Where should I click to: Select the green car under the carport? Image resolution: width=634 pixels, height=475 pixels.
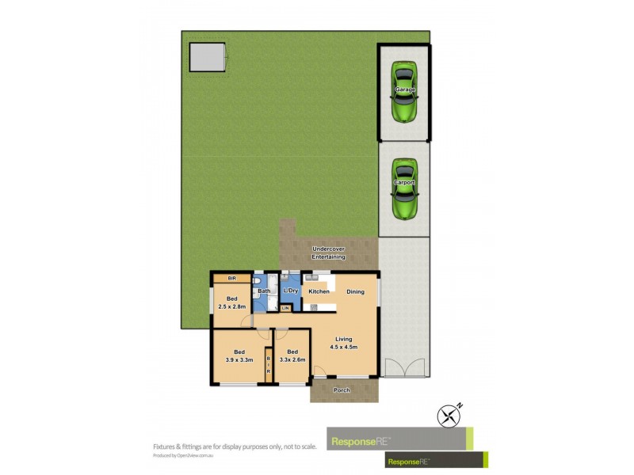(405, 188)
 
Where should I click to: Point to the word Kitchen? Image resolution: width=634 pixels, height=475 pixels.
(319, 291)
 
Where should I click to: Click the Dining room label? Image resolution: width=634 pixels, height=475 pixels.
(355, 291)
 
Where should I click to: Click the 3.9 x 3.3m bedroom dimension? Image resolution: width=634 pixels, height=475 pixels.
(239, 360)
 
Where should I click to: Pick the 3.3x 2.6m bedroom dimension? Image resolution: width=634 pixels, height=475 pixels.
(292, 360)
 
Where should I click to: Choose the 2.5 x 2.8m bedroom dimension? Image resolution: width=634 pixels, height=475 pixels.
(232, 306)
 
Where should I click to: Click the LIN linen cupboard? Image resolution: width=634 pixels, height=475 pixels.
(285, 307)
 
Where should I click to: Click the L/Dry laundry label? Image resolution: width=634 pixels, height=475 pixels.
(290, 291)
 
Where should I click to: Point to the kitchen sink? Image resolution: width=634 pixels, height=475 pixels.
(319, 278)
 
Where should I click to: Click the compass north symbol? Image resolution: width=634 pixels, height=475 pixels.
(450, 415)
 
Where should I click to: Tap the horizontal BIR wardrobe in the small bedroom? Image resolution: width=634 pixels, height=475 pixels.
(232, 279)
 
